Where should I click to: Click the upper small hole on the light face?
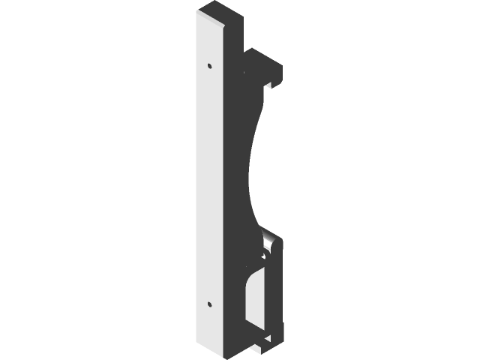[209, 65]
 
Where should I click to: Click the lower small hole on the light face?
[209, 304]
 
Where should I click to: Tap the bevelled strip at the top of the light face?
[213, 19]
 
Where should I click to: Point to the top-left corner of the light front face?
[196, 13]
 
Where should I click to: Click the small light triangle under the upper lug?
[268, 82]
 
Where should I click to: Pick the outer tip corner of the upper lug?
[281, 75]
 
